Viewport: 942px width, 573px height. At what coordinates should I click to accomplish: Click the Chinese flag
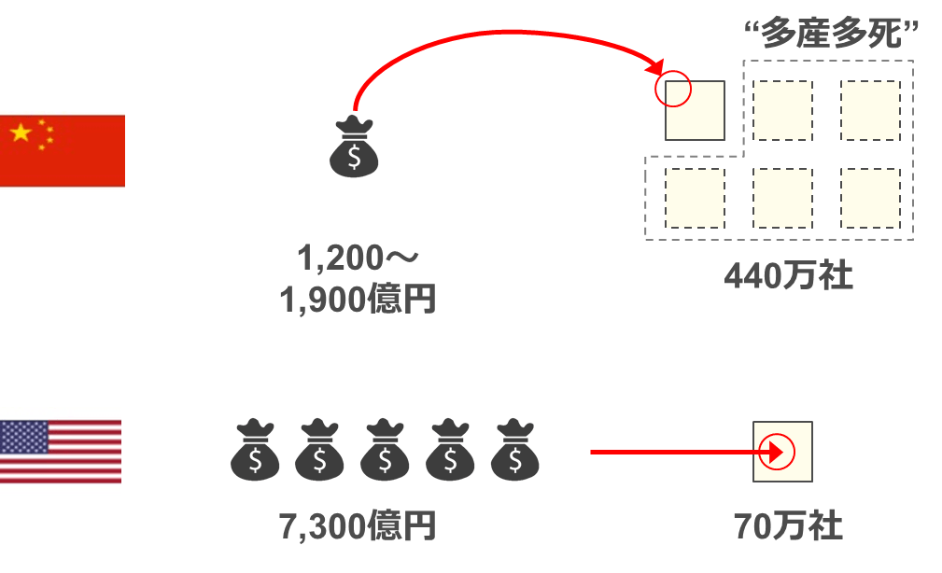click(x=62, y=151)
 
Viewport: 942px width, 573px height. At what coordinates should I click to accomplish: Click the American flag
click(x=61, y=452)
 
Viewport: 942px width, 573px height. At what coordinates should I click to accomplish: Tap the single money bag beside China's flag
click(x=354, y=147)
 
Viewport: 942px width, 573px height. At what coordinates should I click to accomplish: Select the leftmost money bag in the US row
click(x=255, y=452)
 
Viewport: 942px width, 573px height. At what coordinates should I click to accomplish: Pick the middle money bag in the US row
click(x=386, y=452)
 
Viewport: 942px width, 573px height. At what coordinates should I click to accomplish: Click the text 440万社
click(x=788, y=276)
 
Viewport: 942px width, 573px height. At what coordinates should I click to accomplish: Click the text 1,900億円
click(x=357, y=300)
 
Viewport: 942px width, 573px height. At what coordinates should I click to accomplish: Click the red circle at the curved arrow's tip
click(x=674, y=91)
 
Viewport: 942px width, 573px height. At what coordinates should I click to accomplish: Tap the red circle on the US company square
click(x=777, y=453)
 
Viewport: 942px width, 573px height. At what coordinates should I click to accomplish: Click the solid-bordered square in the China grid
click(x=696, y=111)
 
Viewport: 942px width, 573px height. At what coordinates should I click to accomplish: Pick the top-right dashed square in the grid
click(x=870, y=110)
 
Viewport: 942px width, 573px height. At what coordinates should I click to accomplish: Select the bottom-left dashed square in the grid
click(x=695, y=198)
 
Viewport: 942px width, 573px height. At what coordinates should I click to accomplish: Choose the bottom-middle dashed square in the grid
click(x=782, y=198)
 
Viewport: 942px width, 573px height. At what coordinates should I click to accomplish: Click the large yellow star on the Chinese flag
click(x=21, y=133)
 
